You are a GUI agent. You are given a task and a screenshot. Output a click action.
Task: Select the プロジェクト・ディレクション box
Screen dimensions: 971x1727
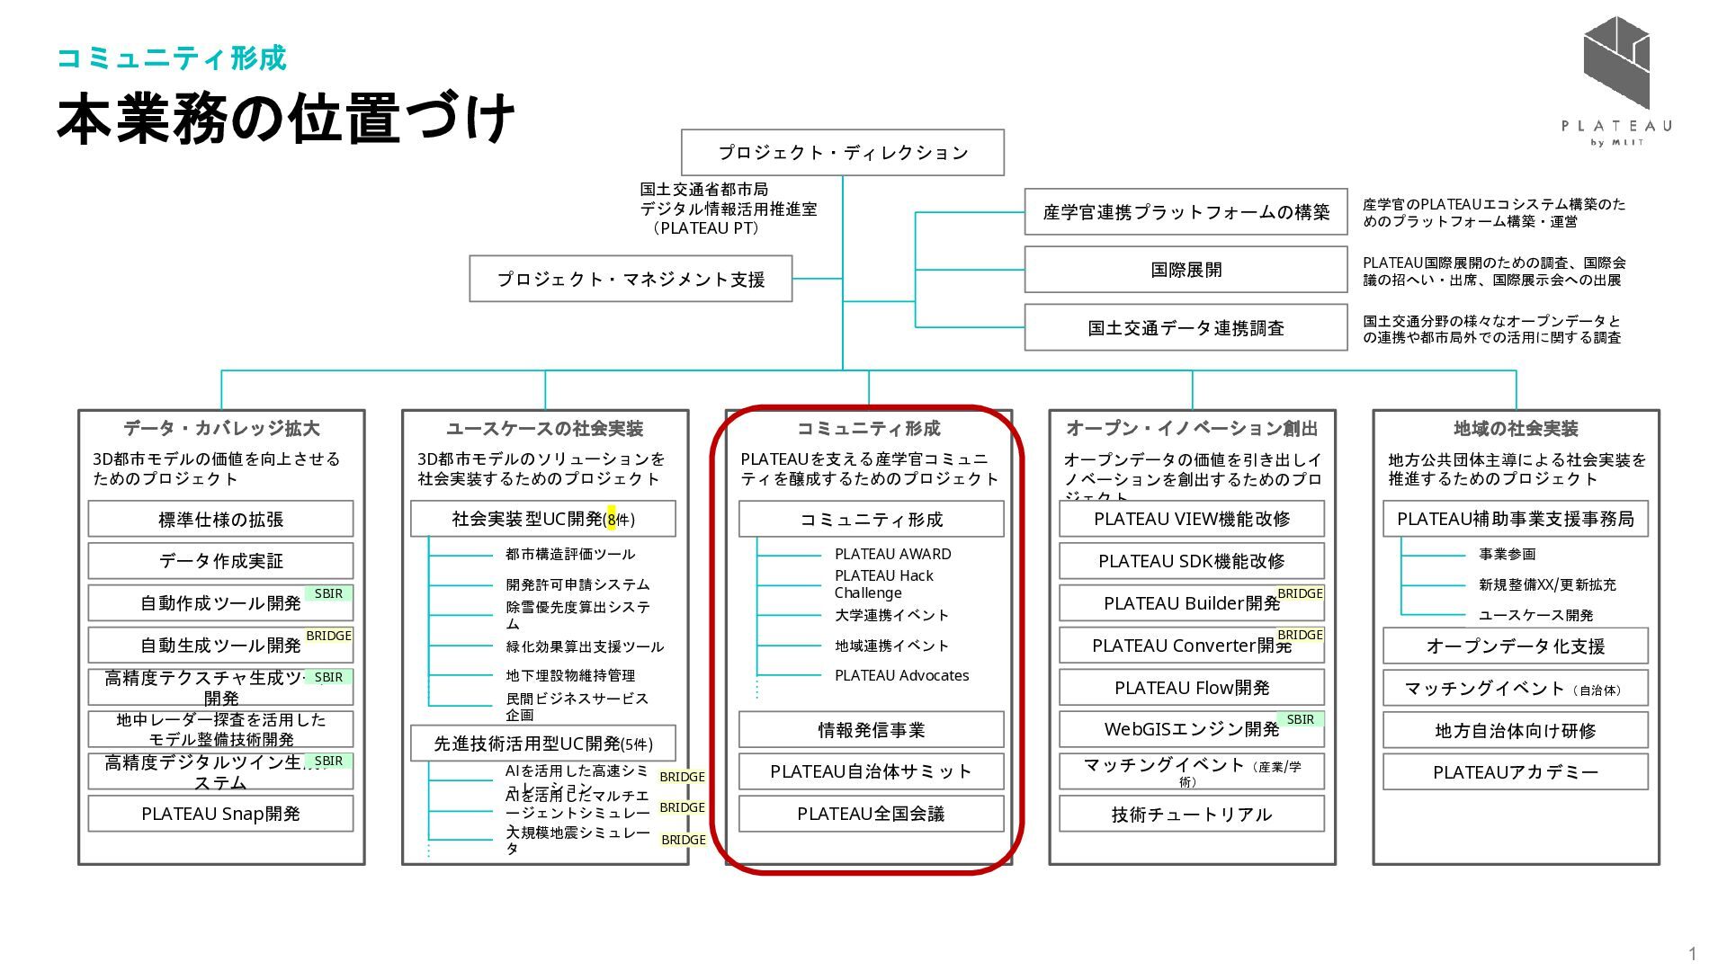point(842,153)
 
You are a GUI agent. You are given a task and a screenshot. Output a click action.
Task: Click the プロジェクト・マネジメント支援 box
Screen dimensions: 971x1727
point(631,279)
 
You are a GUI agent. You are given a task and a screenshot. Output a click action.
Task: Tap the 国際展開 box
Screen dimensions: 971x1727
point(1186,270)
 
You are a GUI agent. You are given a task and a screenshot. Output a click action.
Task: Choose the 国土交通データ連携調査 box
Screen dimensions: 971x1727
point(1186,328)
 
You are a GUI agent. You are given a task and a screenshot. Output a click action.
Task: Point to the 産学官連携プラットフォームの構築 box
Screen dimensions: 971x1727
point(1186,212)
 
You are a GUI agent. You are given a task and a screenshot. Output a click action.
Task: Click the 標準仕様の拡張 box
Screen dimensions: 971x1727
point(220,520)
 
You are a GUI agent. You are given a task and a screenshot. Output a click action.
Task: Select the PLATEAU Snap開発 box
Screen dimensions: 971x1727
point(220,814)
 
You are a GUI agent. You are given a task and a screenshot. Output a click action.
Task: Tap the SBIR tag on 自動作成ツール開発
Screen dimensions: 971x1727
point(328,593)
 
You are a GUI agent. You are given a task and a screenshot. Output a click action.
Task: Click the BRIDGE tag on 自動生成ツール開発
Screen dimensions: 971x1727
point(328,636)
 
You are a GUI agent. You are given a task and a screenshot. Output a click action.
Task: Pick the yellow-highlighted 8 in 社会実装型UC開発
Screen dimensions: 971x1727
point(612,520)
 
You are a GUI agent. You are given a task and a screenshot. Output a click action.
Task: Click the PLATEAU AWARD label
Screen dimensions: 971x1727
point(892,554)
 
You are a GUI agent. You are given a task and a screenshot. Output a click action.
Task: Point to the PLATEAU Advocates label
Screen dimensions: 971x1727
point(901,675)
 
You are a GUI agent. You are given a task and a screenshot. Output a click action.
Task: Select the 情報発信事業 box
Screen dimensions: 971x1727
point(871,730)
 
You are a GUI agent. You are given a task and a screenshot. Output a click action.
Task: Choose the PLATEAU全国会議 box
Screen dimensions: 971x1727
point(871,814)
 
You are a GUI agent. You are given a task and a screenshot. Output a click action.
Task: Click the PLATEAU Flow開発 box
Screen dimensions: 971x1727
point(1191,688)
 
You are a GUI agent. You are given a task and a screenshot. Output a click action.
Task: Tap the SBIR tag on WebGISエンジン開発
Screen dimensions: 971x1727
point(1300,719)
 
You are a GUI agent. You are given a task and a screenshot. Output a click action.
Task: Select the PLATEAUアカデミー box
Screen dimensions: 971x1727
point(1515,772)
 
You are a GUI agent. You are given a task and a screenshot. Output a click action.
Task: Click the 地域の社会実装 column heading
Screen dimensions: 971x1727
point(1516,429)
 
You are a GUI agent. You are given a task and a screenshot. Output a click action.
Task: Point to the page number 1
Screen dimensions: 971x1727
point(1693,954)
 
